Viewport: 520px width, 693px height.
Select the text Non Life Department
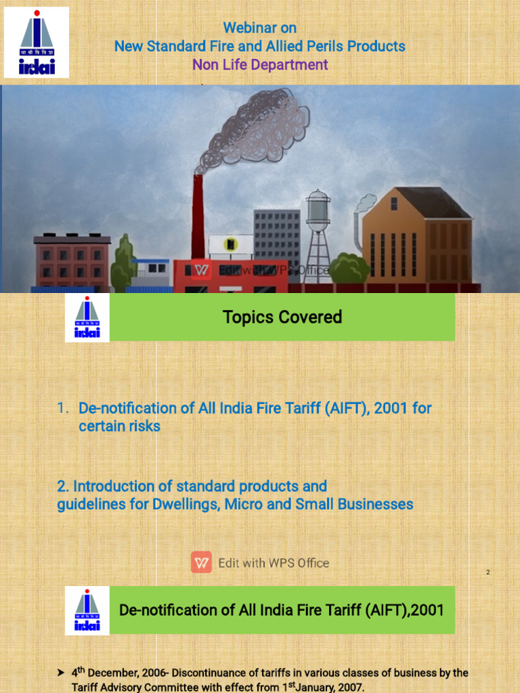click(260, 65)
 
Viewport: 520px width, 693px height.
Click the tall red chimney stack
click(198, 217)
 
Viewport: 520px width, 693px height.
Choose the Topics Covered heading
click(282, 317)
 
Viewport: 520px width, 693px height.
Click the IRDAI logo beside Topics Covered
click(87, 318)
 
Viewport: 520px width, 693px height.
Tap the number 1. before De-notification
click(63, 408)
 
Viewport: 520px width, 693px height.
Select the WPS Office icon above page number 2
click(201, 562)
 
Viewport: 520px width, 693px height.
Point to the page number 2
click(487, 573)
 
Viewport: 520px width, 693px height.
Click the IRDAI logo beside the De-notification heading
click(87, 610)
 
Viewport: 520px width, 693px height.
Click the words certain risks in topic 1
click(119, 426)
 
